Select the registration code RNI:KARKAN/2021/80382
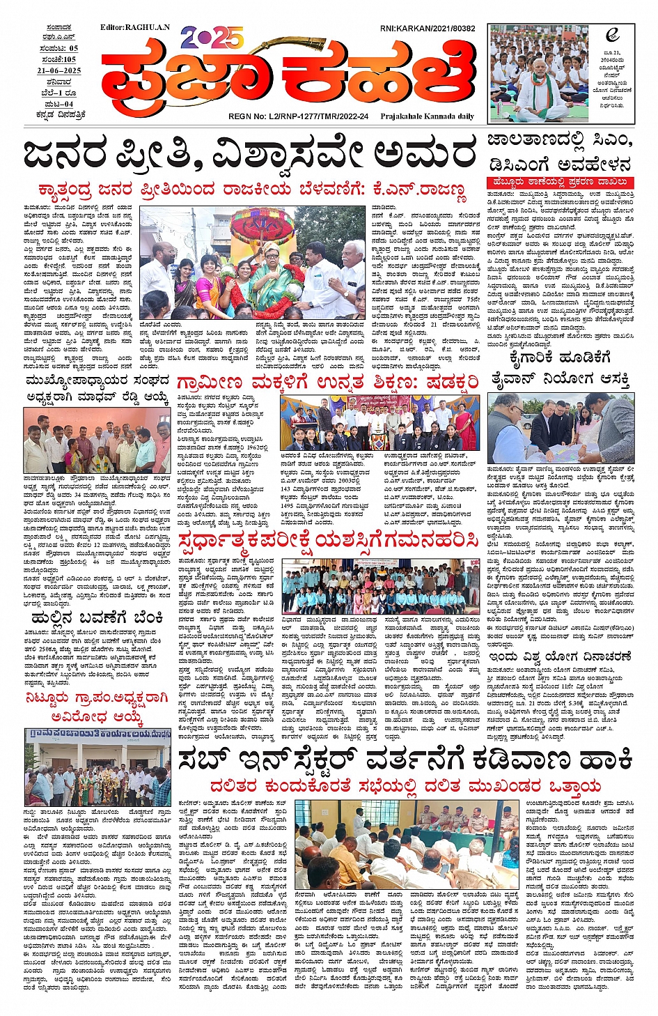coord(428,29)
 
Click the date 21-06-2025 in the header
coord(59,71)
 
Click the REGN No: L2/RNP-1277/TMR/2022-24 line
coord(298,116)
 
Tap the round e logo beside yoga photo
coord(612,34)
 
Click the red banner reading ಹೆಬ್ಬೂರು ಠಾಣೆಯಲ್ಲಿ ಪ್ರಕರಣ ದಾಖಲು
coord(561,183)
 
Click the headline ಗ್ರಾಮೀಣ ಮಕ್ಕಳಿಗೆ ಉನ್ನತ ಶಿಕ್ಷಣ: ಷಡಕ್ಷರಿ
coord(327,383)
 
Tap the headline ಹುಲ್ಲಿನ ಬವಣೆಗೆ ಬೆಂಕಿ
coord(97,618)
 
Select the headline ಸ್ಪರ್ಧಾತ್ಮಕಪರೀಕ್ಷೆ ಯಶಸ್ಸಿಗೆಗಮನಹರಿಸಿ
coord(327,541)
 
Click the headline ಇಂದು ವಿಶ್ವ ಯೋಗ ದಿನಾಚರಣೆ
coord(560,656)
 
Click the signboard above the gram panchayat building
coord(97,735)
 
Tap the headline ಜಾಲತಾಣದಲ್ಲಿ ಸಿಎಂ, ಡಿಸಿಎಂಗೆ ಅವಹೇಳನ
coord(560,153)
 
